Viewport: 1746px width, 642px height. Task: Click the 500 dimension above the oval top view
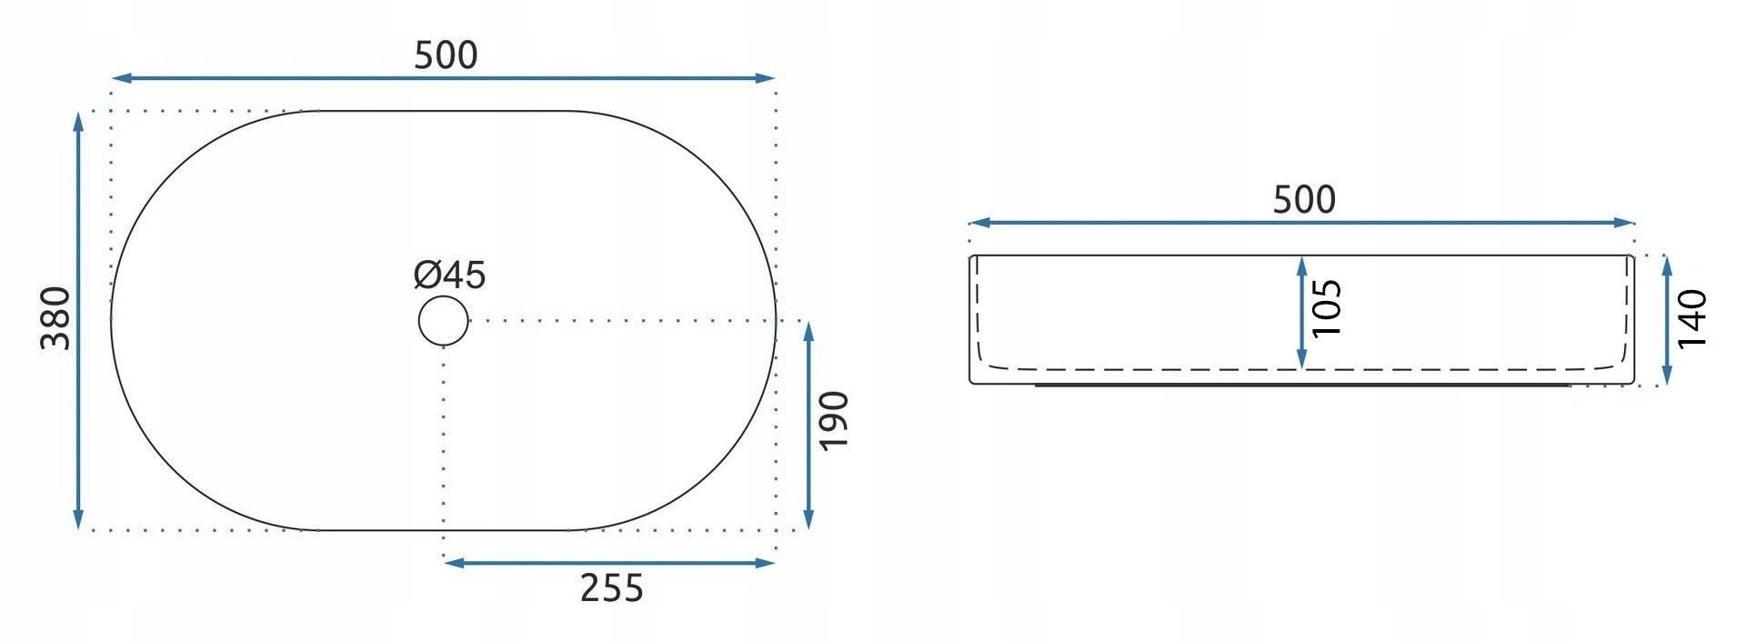point(446,55)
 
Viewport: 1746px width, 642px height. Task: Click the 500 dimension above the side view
point(1303,199)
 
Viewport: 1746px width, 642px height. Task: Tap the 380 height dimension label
point(56,317)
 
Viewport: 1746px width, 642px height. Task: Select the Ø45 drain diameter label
point(449,274)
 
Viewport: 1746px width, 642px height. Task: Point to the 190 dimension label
point(834,419)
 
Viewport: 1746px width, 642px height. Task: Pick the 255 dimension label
point(612,588)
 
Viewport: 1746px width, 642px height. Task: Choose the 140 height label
point(1692,318)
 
